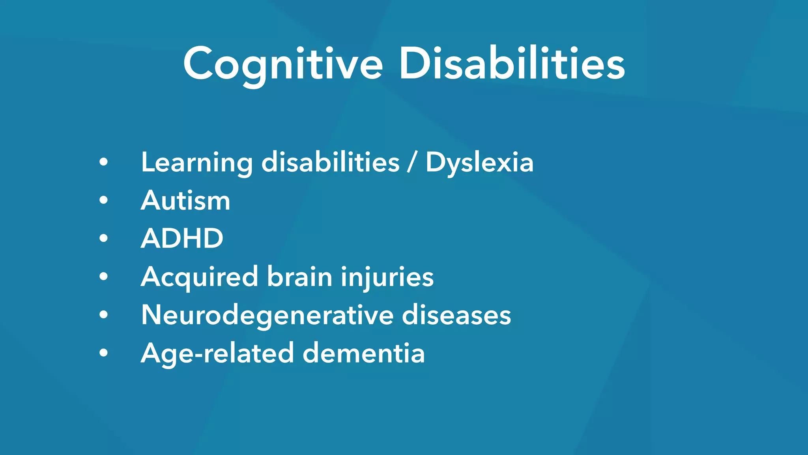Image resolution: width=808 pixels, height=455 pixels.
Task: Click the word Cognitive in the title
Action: [282, 64]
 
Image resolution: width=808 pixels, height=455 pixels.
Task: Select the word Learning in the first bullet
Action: [196, 163]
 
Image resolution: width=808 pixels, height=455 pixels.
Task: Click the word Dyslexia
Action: [479, 163]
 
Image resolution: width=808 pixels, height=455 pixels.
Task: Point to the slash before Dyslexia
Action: [412, 163]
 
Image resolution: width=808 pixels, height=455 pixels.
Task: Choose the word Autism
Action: [185, 201]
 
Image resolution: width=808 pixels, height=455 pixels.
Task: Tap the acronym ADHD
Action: [182, 239]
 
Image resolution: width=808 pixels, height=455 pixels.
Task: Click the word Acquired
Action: [199, 276]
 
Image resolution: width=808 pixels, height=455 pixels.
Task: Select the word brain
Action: [300, 276]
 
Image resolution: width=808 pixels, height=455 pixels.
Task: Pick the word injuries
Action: [387, 276]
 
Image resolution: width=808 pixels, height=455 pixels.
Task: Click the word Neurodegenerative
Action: [267, 315]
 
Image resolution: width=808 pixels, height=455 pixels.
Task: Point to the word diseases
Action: [456, 315]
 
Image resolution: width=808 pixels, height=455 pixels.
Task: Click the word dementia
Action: [364, 353]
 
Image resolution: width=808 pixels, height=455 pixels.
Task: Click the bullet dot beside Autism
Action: [103, 200]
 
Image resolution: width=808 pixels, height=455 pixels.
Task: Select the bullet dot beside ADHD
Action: [103, 238]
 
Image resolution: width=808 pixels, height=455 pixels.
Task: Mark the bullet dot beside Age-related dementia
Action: [103, 352]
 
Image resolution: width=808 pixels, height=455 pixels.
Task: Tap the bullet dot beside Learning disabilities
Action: [103, 162]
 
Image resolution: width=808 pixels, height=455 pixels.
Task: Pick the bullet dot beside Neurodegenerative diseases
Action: [103, 314]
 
